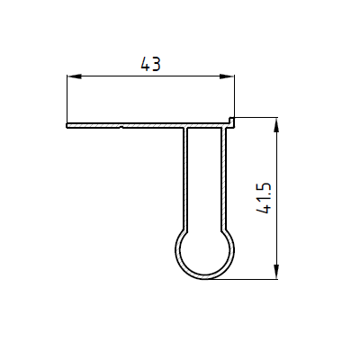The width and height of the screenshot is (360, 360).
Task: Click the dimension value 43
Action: pyautogui.click(x=150, y=64)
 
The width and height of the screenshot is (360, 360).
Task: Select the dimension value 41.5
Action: pyautogui.click(x=264, y=198)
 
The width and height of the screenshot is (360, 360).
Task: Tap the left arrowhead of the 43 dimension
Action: pyautogui.click(x=74, y=76)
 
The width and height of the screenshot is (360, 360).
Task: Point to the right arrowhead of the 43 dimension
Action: pyautogui.click(x=227, y=76)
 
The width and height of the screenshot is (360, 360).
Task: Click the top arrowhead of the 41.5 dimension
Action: pyautogui.click(x=276, y=124)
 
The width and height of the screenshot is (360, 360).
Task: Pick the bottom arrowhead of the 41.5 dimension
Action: pyautogui.click(x=276, y=272)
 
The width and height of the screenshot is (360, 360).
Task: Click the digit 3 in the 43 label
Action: pyautogui.click(x=156, y=64)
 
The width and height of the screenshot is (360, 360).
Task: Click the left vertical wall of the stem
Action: pyautogui.click(x=185, y=179)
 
